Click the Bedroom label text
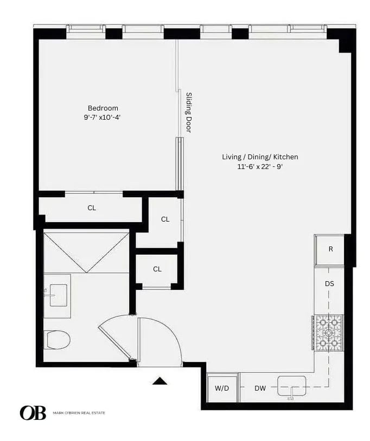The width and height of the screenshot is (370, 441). tap(103, 108)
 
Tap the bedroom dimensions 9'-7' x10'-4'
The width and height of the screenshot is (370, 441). tap(103, 116)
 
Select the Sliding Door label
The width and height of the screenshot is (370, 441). tap(189, 112)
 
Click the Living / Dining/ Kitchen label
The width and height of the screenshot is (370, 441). tap(260, 157)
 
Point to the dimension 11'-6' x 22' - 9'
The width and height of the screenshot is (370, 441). tap(260, 166)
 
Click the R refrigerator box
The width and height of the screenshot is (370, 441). tap(330, 250)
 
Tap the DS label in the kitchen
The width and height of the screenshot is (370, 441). tap(329, 283)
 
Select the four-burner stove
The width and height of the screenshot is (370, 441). tap(328, 332)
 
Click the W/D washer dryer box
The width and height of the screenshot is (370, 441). tap(222, 388)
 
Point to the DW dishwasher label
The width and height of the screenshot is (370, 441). tap(260, 388)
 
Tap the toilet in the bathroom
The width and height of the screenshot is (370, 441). tap(57, 340)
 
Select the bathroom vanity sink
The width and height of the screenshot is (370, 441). tap(58, 295)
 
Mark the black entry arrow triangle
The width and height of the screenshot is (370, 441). tap(160, 381)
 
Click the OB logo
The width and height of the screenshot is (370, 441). tap(33, 413)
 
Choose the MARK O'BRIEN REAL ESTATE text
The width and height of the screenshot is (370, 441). tap(79, 413)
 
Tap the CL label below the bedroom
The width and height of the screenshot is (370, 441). tap(92, 207)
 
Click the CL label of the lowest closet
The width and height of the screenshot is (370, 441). tap(157, 269)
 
